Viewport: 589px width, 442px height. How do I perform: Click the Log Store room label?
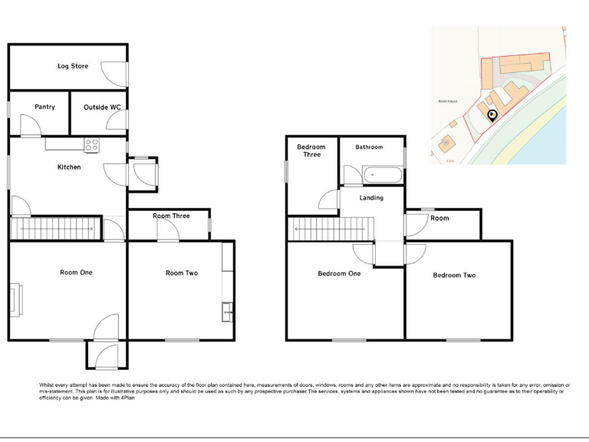coord(73,67)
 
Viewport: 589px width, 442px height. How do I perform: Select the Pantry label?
coord(44,107)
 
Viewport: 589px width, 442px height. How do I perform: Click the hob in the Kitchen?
coord(91,143)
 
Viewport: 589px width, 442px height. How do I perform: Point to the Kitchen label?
coord(69,167)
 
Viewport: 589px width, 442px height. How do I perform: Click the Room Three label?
coord(171,216)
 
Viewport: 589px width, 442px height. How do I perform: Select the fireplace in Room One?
coord(16,299)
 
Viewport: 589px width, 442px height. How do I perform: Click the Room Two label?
coord(182,273)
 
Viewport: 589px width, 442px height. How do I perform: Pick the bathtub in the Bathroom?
coord(381,176)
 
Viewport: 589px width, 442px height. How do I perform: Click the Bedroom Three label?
coord(311,151)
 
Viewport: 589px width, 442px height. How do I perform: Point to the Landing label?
coord(371,198)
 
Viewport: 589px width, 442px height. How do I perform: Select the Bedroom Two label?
coord(454,275)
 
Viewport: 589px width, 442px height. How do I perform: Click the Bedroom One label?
coord(339,274)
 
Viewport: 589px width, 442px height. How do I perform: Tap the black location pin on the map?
coord(492,115)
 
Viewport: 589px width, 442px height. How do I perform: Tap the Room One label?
coord(76,272)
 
